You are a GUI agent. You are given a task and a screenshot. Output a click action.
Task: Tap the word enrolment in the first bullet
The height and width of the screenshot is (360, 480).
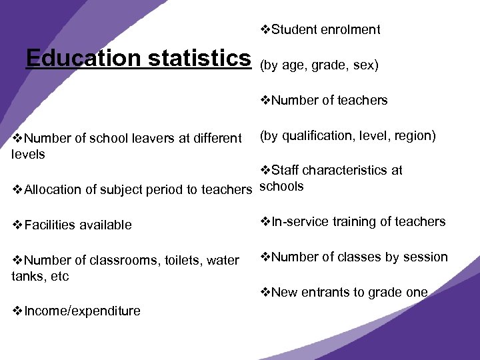350,29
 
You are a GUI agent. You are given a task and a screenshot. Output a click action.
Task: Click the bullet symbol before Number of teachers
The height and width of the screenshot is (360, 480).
265,101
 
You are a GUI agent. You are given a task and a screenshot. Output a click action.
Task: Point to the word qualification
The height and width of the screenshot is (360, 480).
316,136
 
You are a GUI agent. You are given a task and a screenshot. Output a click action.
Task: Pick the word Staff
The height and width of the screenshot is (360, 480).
285,171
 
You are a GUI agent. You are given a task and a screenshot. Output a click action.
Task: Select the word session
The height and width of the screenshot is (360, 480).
426,257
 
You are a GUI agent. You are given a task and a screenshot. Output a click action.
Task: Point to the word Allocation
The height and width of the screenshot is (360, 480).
53,190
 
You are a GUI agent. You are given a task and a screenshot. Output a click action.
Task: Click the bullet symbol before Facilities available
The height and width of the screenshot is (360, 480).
17,225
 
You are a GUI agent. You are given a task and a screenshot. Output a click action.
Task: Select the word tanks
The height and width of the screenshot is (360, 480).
27,276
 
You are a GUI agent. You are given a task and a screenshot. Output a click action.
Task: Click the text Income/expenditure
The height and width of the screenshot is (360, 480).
82,311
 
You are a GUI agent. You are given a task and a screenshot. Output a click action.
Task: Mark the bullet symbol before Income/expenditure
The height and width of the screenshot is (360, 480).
17,311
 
